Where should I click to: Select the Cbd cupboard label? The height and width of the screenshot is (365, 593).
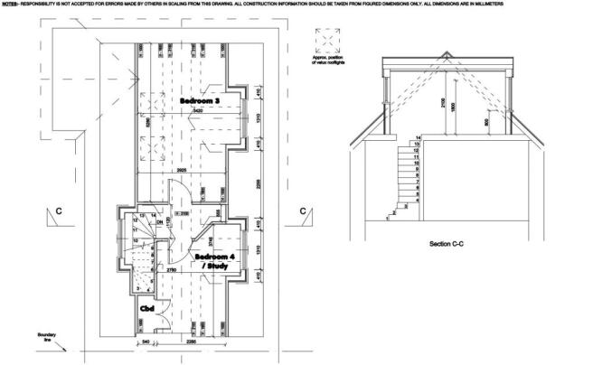tap(146, 310)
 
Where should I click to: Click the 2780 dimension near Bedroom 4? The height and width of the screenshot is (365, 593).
tap(172, 270)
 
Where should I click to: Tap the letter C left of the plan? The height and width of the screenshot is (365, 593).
tap(59, 211)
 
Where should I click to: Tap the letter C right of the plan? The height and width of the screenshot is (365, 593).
tap(303, 211)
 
